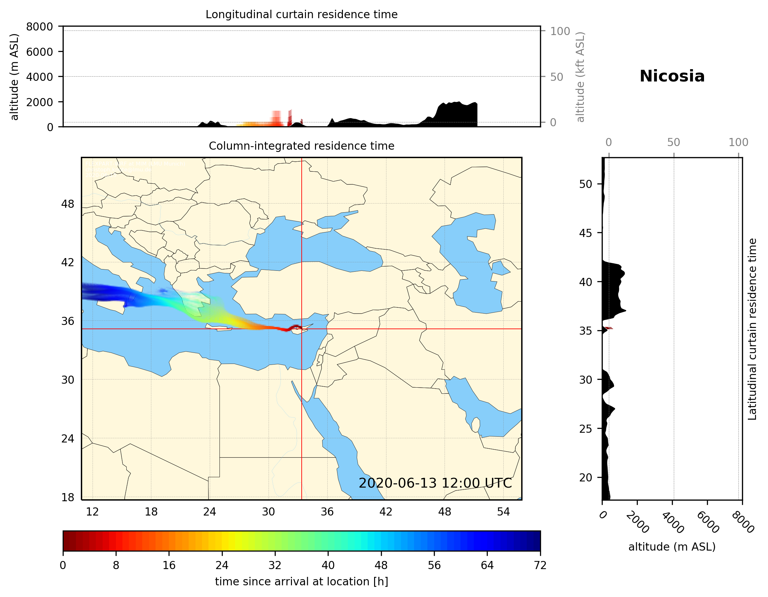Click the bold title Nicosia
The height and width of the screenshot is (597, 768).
point(672,76)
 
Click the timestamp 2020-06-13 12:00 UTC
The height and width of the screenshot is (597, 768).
point(435,483)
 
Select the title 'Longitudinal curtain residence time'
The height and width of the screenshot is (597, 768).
point(301,14)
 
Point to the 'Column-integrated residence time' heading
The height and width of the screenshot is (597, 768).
point(301,146)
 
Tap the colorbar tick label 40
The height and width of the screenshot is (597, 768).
point(328,566)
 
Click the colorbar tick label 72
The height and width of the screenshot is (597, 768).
point(540,566)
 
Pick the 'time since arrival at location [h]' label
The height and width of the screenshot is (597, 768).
point(301,581)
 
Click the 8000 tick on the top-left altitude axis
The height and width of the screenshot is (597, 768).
point(39,27)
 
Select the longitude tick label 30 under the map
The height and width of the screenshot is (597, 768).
point(268,512)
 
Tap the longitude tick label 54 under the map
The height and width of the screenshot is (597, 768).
point(503,512)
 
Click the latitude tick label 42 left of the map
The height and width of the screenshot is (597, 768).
point(68,262)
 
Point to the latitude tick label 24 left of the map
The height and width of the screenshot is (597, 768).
point(68,439)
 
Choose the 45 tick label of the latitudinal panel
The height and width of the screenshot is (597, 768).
point(585,233)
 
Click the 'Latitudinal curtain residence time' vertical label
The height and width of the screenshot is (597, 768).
point(752,329)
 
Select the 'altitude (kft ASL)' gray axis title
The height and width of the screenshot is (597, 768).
point(580,77)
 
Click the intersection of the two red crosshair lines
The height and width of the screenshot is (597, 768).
point(301,329)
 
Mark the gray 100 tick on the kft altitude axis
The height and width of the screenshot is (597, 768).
point(560,31)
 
